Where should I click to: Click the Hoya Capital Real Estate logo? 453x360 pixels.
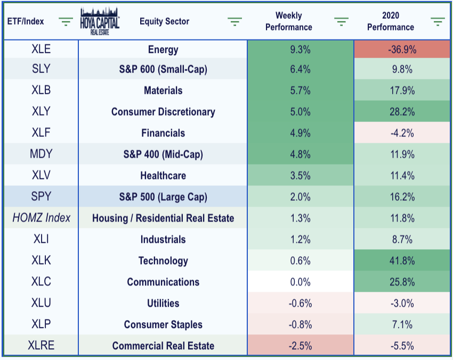click(100, 21)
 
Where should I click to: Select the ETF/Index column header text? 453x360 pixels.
click(26, 21)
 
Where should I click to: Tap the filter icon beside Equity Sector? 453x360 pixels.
click(234, 22)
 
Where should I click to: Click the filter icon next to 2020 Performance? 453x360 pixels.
click(438, 22)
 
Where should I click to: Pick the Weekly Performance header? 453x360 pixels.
click(289, 21)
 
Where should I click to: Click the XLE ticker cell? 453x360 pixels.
click(41, 49)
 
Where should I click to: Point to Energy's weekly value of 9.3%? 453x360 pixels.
click(301, 50)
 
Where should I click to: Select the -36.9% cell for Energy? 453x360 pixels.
click(402, 50)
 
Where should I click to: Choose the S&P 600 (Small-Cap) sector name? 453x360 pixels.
click(163, 69)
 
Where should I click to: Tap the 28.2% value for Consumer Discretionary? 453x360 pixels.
click(402, 112)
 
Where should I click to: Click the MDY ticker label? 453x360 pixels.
click(41, 153)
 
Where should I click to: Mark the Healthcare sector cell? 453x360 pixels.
click(163, 176)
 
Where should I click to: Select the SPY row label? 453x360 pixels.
click(41, 197)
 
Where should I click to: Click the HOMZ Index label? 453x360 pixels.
click(42, 218)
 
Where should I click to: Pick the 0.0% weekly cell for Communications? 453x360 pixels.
click(301, 282)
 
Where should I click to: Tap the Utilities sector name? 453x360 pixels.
click(163, 303)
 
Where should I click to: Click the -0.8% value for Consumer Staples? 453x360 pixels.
click(301, 324)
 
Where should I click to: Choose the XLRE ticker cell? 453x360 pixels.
click(41, 345)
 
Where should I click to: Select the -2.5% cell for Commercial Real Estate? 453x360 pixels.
click(301, 346)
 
